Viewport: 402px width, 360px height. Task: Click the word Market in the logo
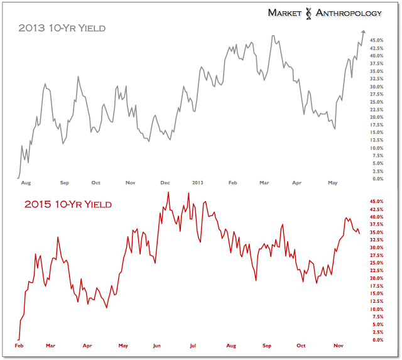pyautogui.click(x=288, y=12)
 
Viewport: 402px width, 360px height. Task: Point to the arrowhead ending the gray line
pyautogui.click(x=364, y=31)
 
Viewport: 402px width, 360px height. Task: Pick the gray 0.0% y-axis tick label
pyautogui.click(x=378, y=178)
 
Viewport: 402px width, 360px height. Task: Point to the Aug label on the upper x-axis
pyautogui.click(x=26, y=183)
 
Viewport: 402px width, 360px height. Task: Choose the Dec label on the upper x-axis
pyautogui.click(x=165, y=183)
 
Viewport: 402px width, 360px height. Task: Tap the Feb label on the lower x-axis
pyautogui.click(x=19, y=346)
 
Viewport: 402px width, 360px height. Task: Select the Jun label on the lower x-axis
pyautogui.click(x=157, y=346)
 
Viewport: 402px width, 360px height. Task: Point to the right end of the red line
pyautogui.click(x=359, y=234)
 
